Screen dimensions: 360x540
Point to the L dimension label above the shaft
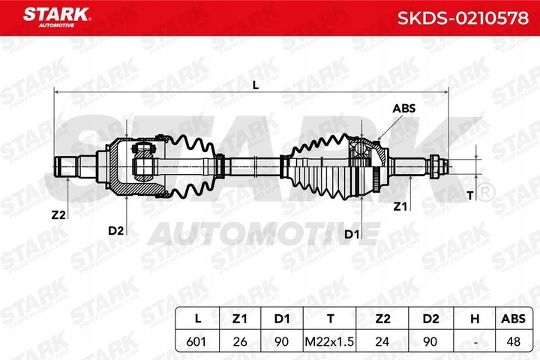(x=255, y=85)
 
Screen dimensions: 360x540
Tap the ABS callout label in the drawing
(x=403, y=108)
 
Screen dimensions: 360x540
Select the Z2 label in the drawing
(x=58, y=214)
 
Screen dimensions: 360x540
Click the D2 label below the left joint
(x=115, y=230)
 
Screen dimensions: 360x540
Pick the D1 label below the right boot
(x=352, y=235)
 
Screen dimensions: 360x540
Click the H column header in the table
(x=473, y=319)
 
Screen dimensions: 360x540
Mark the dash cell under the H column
(x=473, y=340)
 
